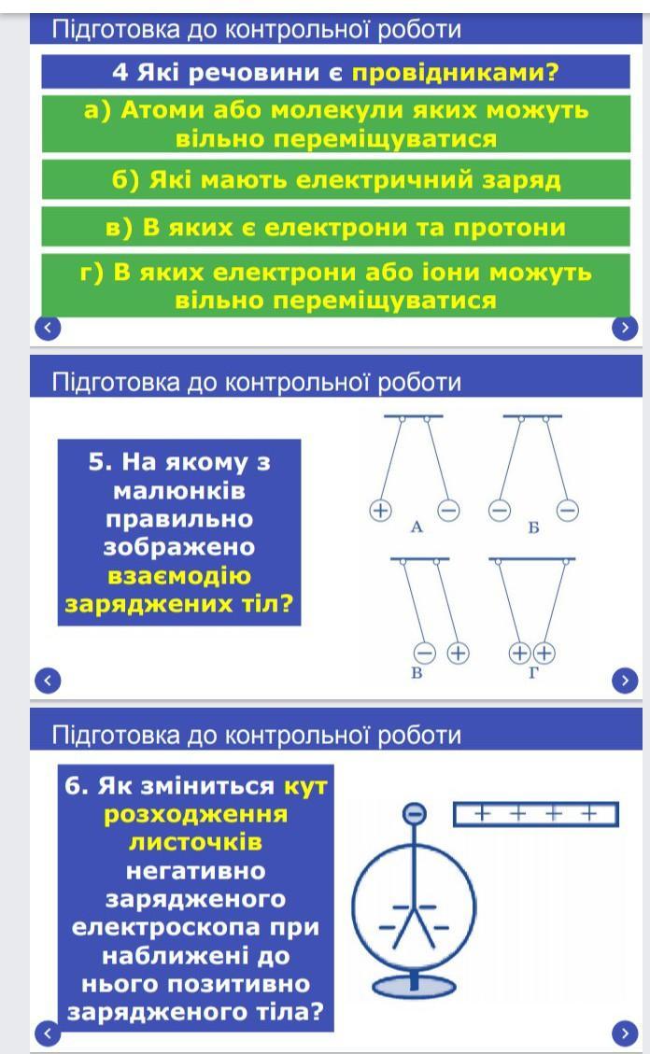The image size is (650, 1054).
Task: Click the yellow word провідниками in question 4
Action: point(455,72)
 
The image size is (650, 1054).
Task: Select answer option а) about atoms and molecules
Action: point(336,124)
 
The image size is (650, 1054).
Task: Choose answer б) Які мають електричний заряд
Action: point(336,179)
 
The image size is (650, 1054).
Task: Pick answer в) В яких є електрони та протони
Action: point(336,227)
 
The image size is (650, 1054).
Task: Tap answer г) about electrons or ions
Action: point(336,285)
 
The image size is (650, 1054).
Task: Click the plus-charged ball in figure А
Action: point(380,511)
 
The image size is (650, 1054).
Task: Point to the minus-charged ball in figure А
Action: point(448,511)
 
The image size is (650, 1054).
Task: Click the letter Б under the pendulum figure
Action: point(533,527)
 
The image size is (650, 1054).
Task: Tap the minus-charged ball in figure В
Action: point(424,653)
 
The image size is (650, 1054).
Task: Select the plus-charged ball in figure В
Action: point(458,653)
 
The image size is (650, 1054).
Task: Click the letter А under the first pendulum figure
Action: point(417,527)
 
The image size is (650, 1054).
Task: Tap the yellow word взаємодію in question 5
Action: point(178,575)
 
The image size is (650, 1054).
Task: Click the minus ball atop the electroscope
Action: point(414,814)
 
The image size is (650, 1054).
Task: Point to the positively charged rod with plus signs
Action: point(536,814)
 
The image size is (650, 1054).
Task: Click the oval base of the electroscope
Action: point(414,987)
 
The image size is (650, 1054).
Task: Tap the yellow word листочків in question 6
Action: point(195,842)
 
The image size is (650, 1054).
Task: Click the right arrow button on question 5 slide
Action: point(625,681)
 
